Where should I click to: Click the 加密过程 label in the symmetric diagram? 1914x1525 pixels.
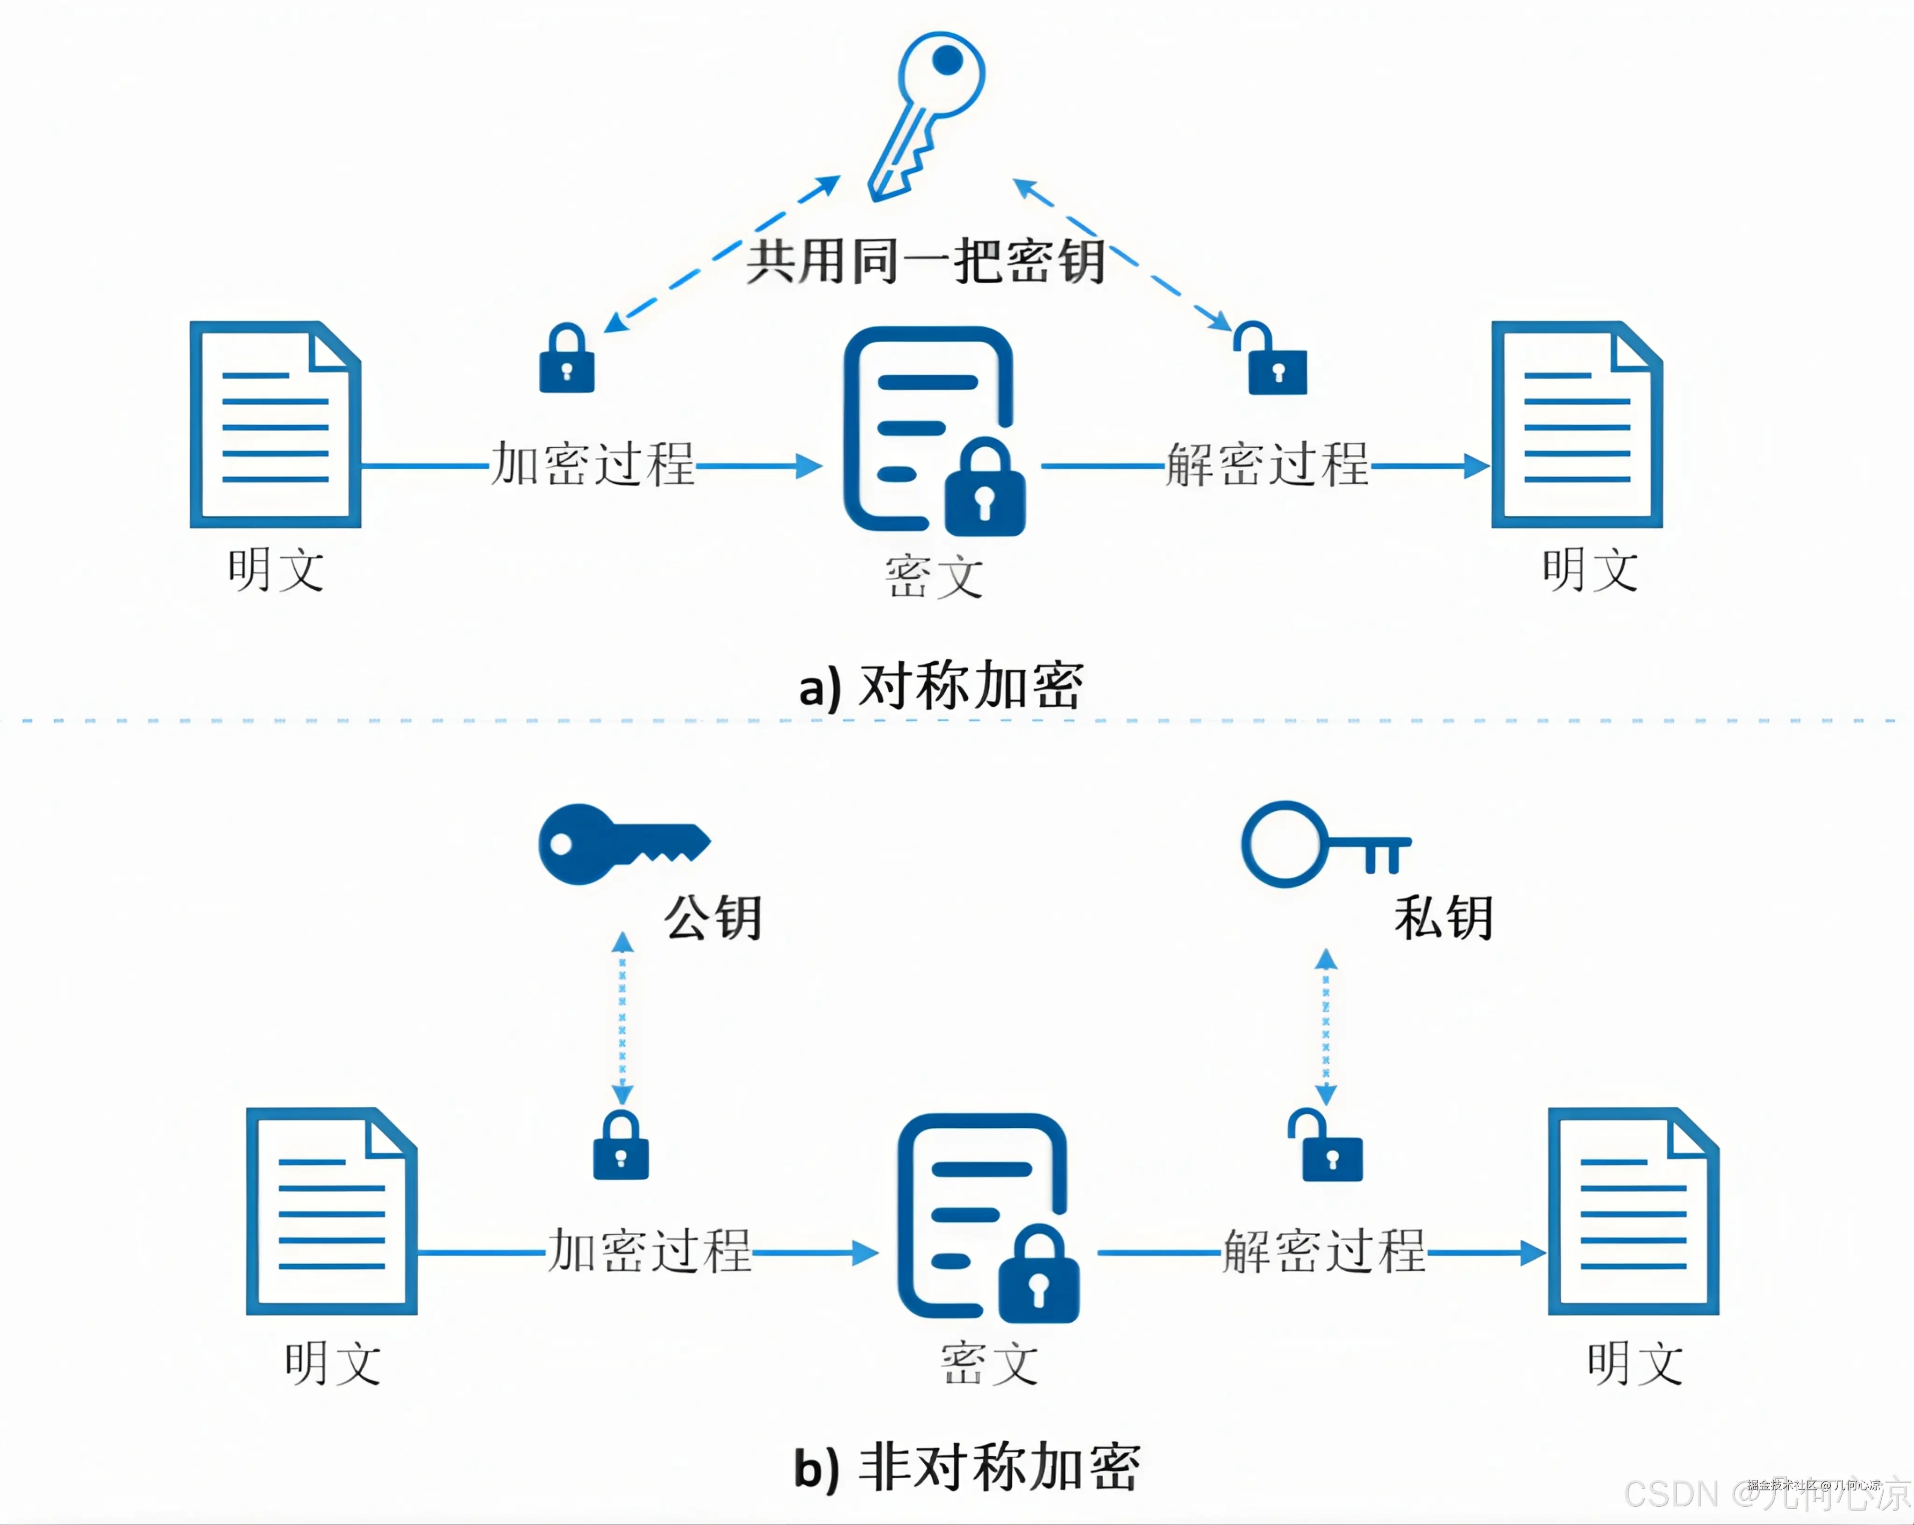pyautogui.click(x=592, y=464)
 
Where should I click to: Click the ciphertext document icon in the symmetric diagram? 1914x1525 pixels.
pyautogui.click(x=932, y=430)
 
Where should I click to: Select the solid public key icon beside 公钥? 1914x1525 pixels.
pyautogui.click(x=621, y=843)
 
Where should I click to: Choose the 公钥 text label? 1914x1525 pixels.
pyautogui.click(x=713, y=917)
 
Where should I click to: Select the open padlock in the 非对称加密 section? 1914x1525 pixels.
pyautogui.click(x=1327, y=1147)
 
